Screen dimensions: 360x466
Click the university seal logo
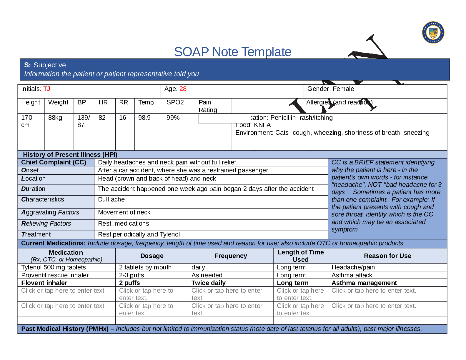point(433,32)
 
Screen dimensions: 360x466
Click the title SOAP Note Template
point(232,52)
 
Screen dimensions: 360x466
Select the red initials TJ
point(47,89)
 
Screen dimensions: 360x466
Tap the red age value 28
point(183,89)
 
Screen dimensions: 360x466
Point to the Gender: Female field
point(330,89)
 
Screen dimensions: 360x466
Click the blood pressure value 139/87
point(84,121)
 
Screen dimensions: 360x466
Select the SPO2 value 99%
point(173,118)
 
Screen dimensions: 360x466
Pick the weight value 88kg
point(55,118)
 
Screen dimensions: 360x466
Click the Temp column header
point(146,102)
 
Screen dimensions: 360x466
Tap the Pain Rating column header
point(208,106)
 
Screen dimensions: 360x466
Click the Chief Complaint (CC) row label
point(54,162)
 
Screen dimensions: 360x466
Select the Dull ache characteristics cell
point(111,199)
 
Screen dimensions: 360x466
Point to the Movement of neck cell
point(124,212)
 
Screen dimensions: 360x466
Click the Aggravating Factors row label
point(50,212)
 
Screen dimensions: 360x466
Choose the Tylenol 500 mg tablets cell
point(54,267)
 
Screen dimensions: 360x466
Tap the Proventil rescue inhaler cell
point(55,275)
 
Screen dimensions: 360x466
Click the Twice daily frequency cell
point(209,283)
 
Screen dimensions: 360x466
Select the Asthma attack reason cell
point(352,275)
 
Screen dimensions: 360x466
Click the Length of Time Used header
point(300,256)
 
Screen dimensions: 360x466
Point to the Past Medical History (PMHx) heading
point(65,329)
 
